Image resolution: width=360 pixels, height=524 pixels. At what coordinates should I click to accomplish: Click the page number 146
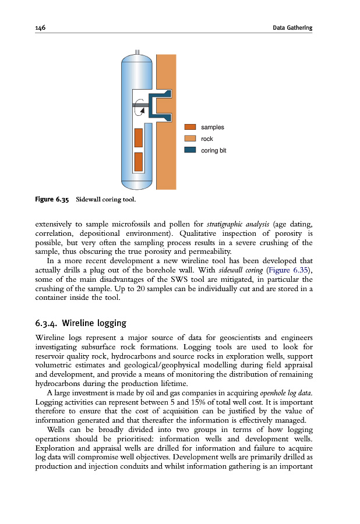pos(41,27)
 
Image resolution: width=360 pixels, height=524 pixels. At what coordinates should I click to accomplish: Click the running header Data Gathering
pos(292,27)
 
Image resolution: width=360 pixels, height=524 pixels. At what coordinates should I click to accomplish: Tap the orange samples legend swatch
pos(190,127)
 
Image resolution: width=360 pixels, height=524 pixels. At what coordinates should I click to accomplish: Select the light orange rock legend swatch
pos(190,139)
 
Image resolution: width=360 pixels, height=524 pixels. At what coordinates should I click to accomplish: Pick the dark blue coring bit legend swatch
pos(190,150)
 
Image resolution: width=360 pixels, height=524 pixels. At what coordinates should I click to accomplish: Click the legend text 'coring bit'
pos(213,150)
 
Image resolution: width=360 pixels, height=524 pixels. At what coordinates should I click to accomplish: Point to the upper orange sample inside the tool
pos(139,137)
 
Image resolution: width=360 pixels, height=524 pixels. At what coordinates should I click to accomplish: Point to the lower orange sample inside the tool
pos(139,162)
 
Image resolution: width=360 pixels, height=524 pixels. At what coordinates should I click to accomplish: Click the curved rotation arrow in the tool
pos(138,107)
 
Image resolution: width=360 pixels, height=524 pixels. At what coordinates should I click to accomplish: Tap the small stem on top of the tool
pos(137,52)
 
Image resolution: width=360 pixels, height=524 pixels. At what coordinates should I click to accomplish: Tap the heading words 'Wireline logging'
pos(94,323)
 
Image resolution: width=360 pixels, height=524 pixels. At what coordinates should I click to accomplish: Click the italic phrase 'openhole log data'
pos(285,394)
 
